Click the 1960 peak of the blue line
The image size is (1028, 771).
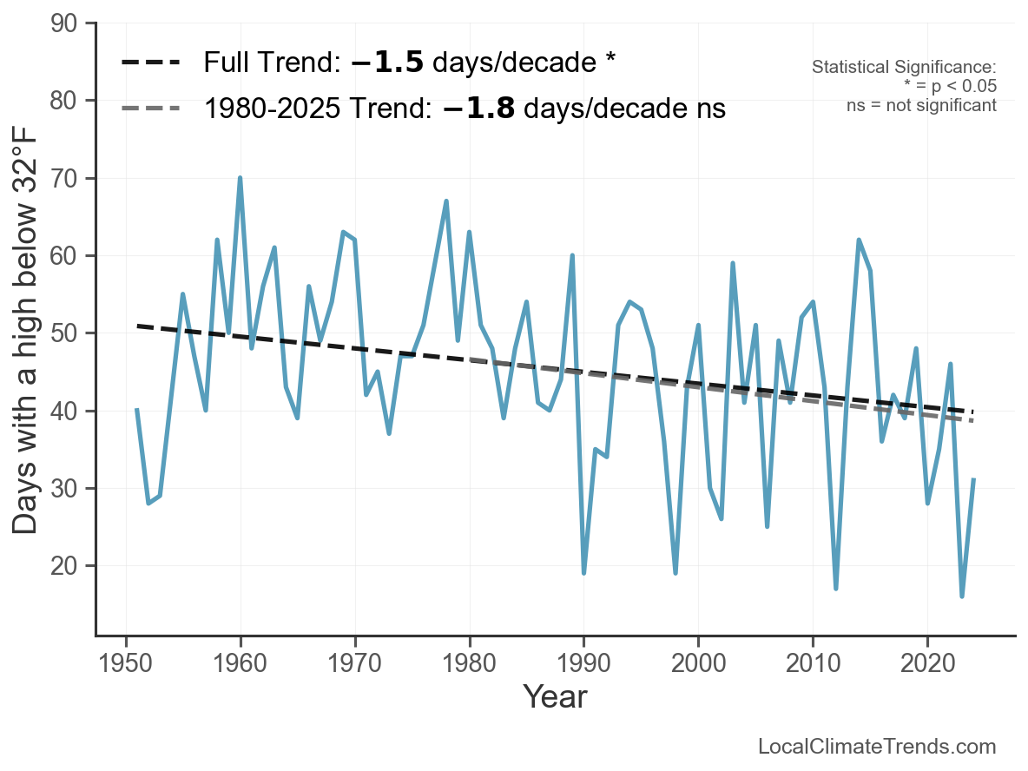coord(240,178)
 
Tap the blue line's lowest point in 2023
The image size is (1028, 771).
coord(962,596)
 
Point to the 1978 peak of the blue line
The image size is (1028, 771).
coord(446,201)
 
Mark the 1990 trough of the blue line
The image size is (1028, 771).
coord(583,572)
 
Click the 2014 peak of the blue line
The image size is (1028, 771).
coord(858,240)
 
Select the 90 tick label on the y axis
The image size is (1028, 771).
coord(63,23)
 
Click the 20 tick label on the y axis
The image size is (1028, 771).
coord(63,566)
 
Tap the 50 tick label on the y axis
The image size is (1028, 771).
coord(63,333)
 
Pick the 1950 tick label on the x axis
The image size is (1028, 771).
coord(125,662)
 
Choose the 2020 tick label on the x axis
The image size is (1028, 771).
coord(927,662)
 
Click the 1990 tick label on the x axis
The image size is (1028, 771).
coord(583,662)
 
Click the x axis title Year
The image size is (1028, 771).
coord(556,696)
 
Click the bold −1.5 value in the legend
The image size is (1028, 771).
coord(387,63)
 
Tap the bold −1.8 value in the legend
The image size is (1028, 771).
coord(478,109)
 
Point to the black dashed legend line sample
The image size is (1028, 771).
coord(150,63)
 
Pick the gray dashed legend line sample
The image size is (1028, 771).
coord(150,109)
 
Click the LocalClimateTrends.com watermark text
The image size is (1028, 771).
coord(877,746)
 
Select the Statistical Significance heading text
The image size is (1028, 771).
coord(904,67)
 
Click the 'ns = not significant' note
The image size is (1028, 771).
coord(922,105)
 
